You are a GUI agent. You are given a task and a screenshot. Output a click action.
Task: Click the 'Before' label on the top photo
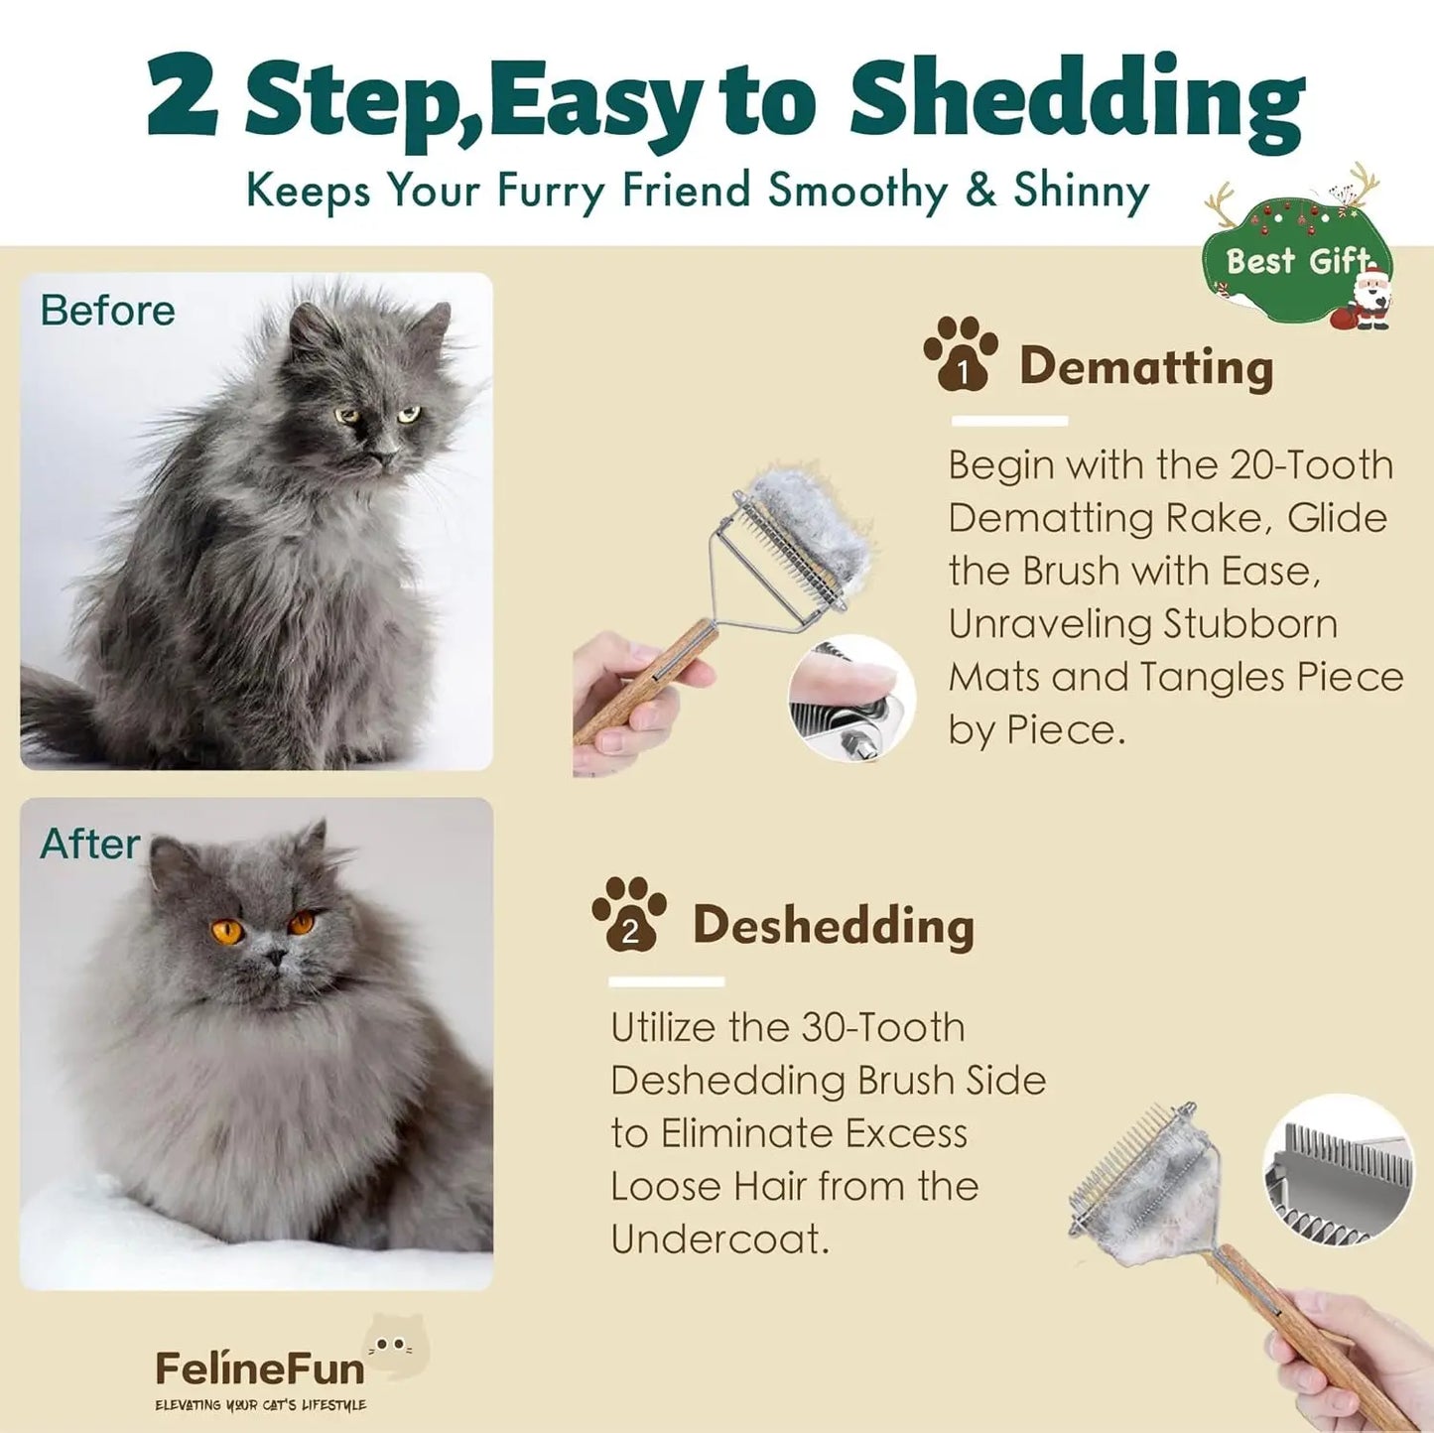tap(107, 311)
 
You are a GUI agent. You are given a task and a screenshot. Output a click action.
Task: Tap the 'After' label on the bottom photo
tap(89, 844)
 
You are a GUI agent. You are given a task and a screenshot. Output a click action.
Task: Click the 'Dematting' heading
tap(1145, 367)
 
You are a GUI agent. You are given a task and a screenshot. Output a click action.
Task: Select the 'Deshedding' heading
tap(833, 926)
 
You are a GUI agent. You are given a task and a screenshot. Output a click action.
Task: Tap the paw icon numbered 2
tap(629, 914)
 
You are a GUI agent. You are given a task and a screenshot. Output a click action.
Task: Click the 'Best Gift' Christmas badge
tap(1290, 261)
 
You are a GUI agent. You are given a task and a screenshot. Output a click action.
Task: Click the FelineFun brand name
tap(260, 1369)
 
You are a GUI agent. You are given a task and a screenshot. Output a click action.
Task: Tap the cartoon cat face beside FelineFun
tap(396, 1346)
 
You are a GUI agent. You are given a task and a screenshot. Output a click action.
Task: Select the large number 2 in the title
tap(183, 97)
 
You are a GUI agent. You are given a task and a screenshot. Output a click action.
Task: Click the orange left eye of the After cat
tap(227, 932)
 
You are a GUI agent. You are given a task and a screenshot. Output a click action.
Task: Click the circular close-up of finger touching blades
tap(851, 699)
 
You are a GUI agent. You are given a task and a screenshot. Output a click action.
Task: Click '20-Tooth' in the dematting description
tap(1311, 464)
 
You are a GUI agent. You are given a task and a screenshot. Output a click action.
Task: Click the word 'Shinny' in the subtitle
tap(1081, 191)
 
